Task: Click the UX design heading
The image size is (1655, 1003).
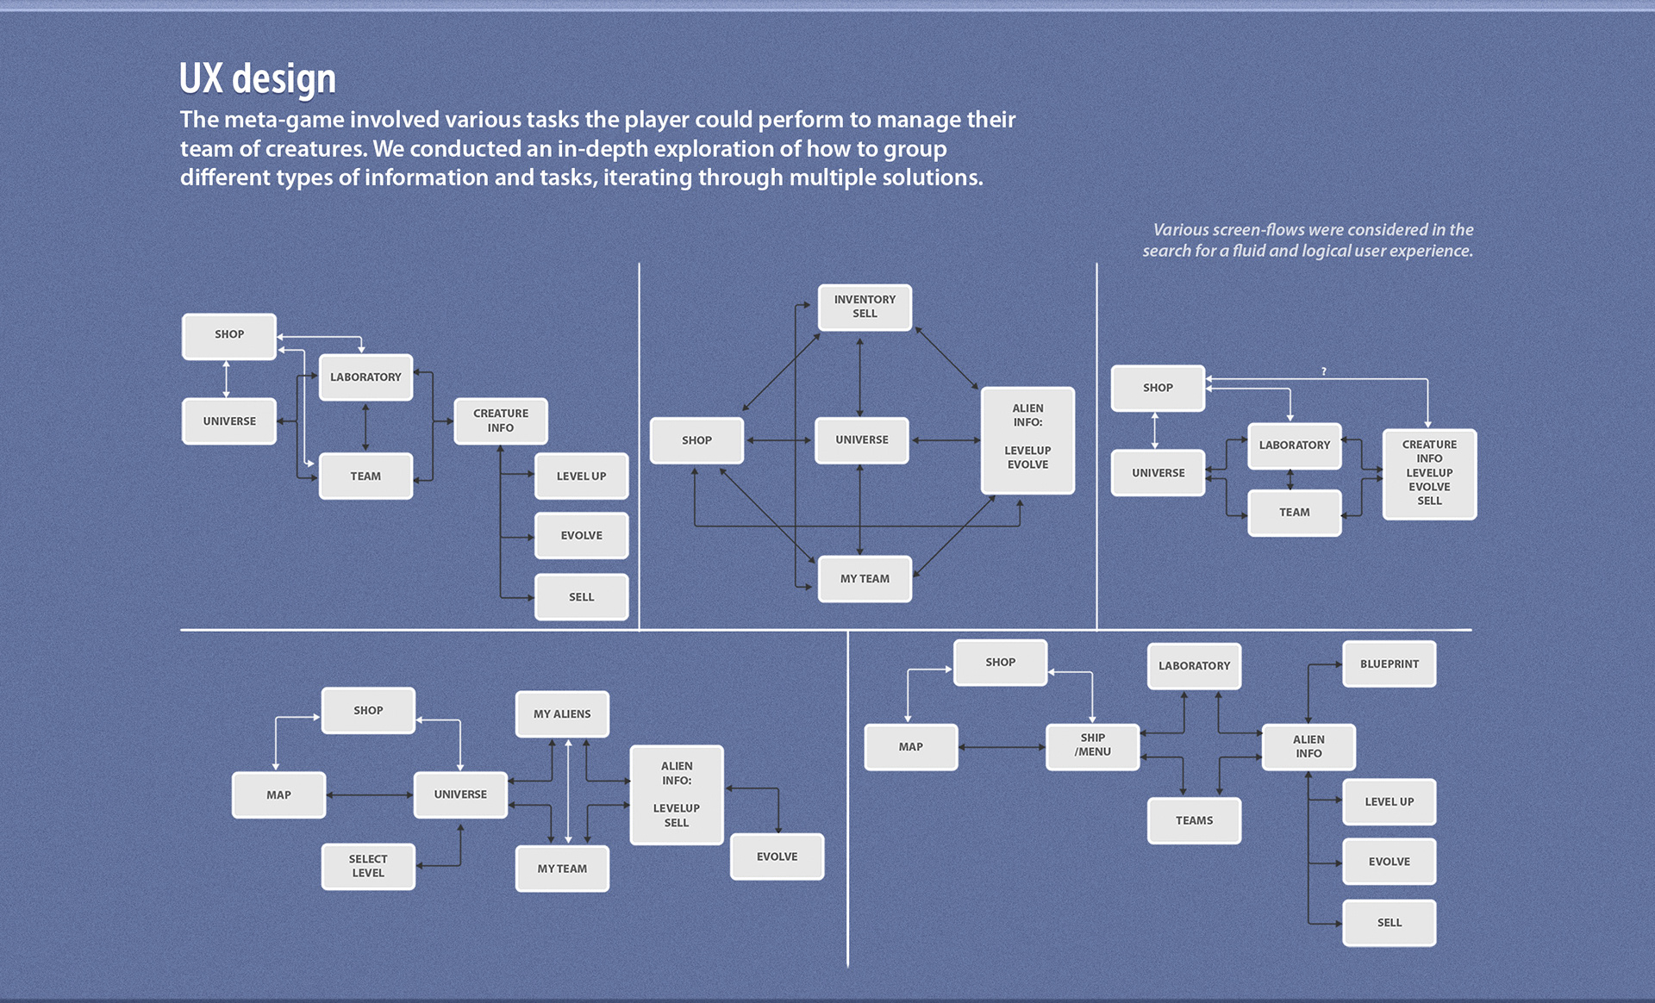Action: [257, 79]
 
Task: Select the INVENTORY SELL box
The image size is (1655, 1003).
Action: [865, 307]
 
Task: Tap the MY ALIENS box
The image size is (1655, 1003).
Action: [562, 714]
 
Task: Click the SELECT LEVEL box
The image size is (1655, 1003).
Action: [368, 866]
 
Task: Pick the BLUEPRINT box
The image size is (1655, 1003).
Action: [1389, 664]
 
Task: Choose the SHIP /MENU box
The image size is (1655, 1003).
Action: [1092, 745]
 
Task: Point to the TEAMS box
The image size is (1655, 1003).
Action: [1194, 820]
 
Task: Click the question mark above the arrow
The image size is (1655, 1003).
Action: [1324, 371]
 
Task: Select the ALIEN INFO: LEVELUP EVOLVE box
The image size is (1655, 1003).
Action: [1027, 439]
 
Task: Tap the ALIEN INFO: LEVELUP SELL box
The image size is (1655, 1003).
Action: [677, 794]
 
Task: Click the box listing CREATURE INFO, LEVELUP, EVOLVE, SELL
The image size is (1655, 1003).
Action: [1429, 473]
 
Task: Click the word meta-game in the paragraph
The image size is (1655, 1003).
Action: [284, 120]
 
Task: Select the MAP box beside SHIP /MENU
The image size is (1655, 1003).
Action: [911, 747]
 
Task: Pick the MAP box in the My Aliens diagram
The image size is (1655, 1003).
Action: [278, 794]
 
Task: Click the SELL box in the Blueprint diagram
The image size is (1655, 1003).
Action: [1389, 923]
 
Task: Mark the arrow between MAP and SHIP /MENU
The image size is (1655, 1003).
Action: [1002, 747]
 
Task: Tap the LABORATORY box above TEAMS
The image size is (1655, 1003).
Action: [1194, 666]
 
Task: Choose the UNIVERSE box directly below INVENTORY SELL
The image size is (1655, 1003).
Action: [861, 440]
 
